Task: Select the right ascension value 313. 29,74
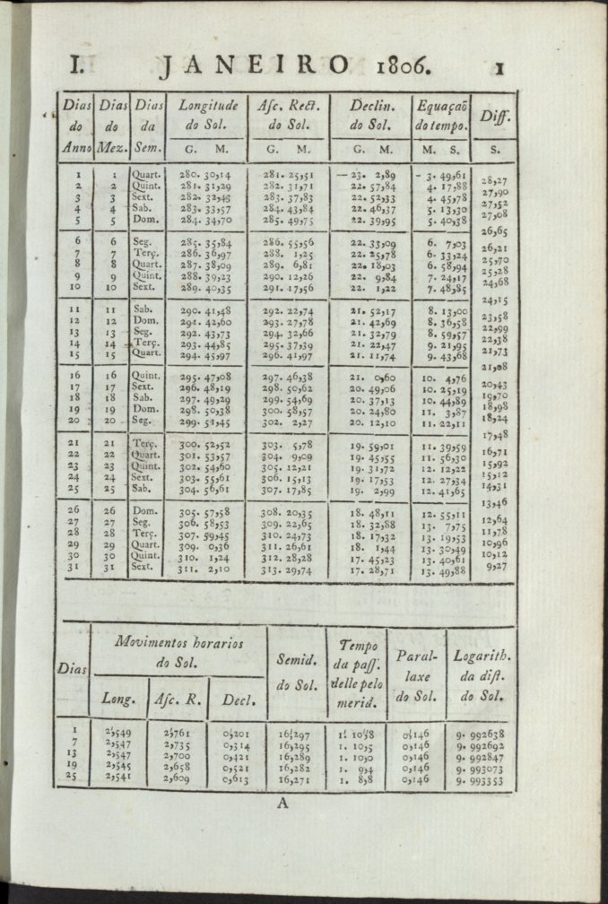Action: tap(288, 571)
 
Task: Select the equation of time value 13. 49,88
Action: tap(441, 570)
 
